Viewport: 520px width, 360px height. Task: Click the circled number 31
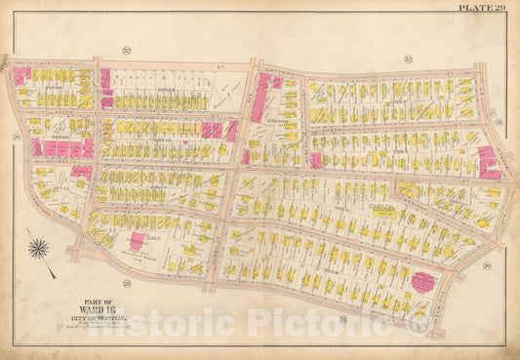(x=498, y=122)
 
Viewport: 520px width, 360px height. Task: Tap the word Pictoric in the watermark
(x=343, y=321)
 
